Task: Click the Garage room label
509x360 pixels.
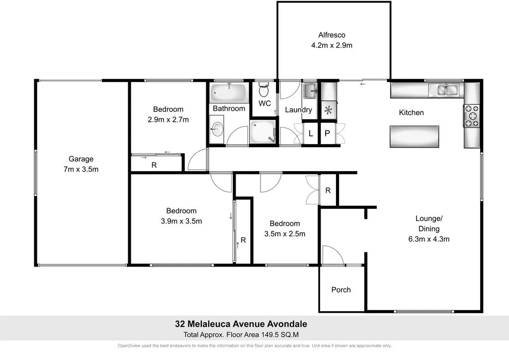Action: [x=81, y=159]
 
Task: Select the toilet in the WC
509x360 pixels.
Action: [x=264, y=90]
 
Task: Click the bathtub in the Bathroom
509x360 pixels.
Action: [x=229, y=92]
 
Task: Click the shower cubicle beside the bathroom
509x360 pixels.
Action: [x=263, y=132]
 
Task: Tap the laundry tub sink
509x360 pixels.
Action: [x=309, y=90]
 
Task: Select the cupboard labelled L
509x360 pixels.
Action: [x=311, y=134]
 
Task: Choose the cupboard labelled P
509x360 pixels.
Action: [x=328, y=134]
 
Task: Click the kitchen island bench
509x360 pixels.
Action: [x=415, y=137]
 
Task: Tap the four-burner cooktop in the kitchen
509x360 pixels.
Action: [x=471, y=115]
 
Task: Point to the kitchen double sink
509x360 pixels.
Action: [x=446, y=90]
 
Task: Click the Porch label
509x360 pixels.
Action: [x=341, y=289]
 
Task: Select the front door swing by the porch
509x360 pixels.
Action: [x=332, y=255]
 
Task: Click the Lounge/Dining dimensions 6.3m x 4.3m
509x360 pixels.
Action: [x=428, y=239]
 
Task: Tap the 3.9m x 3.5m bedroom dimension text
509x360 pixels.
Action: [x=181, y=221]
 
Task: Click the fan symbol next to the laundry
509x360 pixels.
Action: [x=328, y=110]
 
